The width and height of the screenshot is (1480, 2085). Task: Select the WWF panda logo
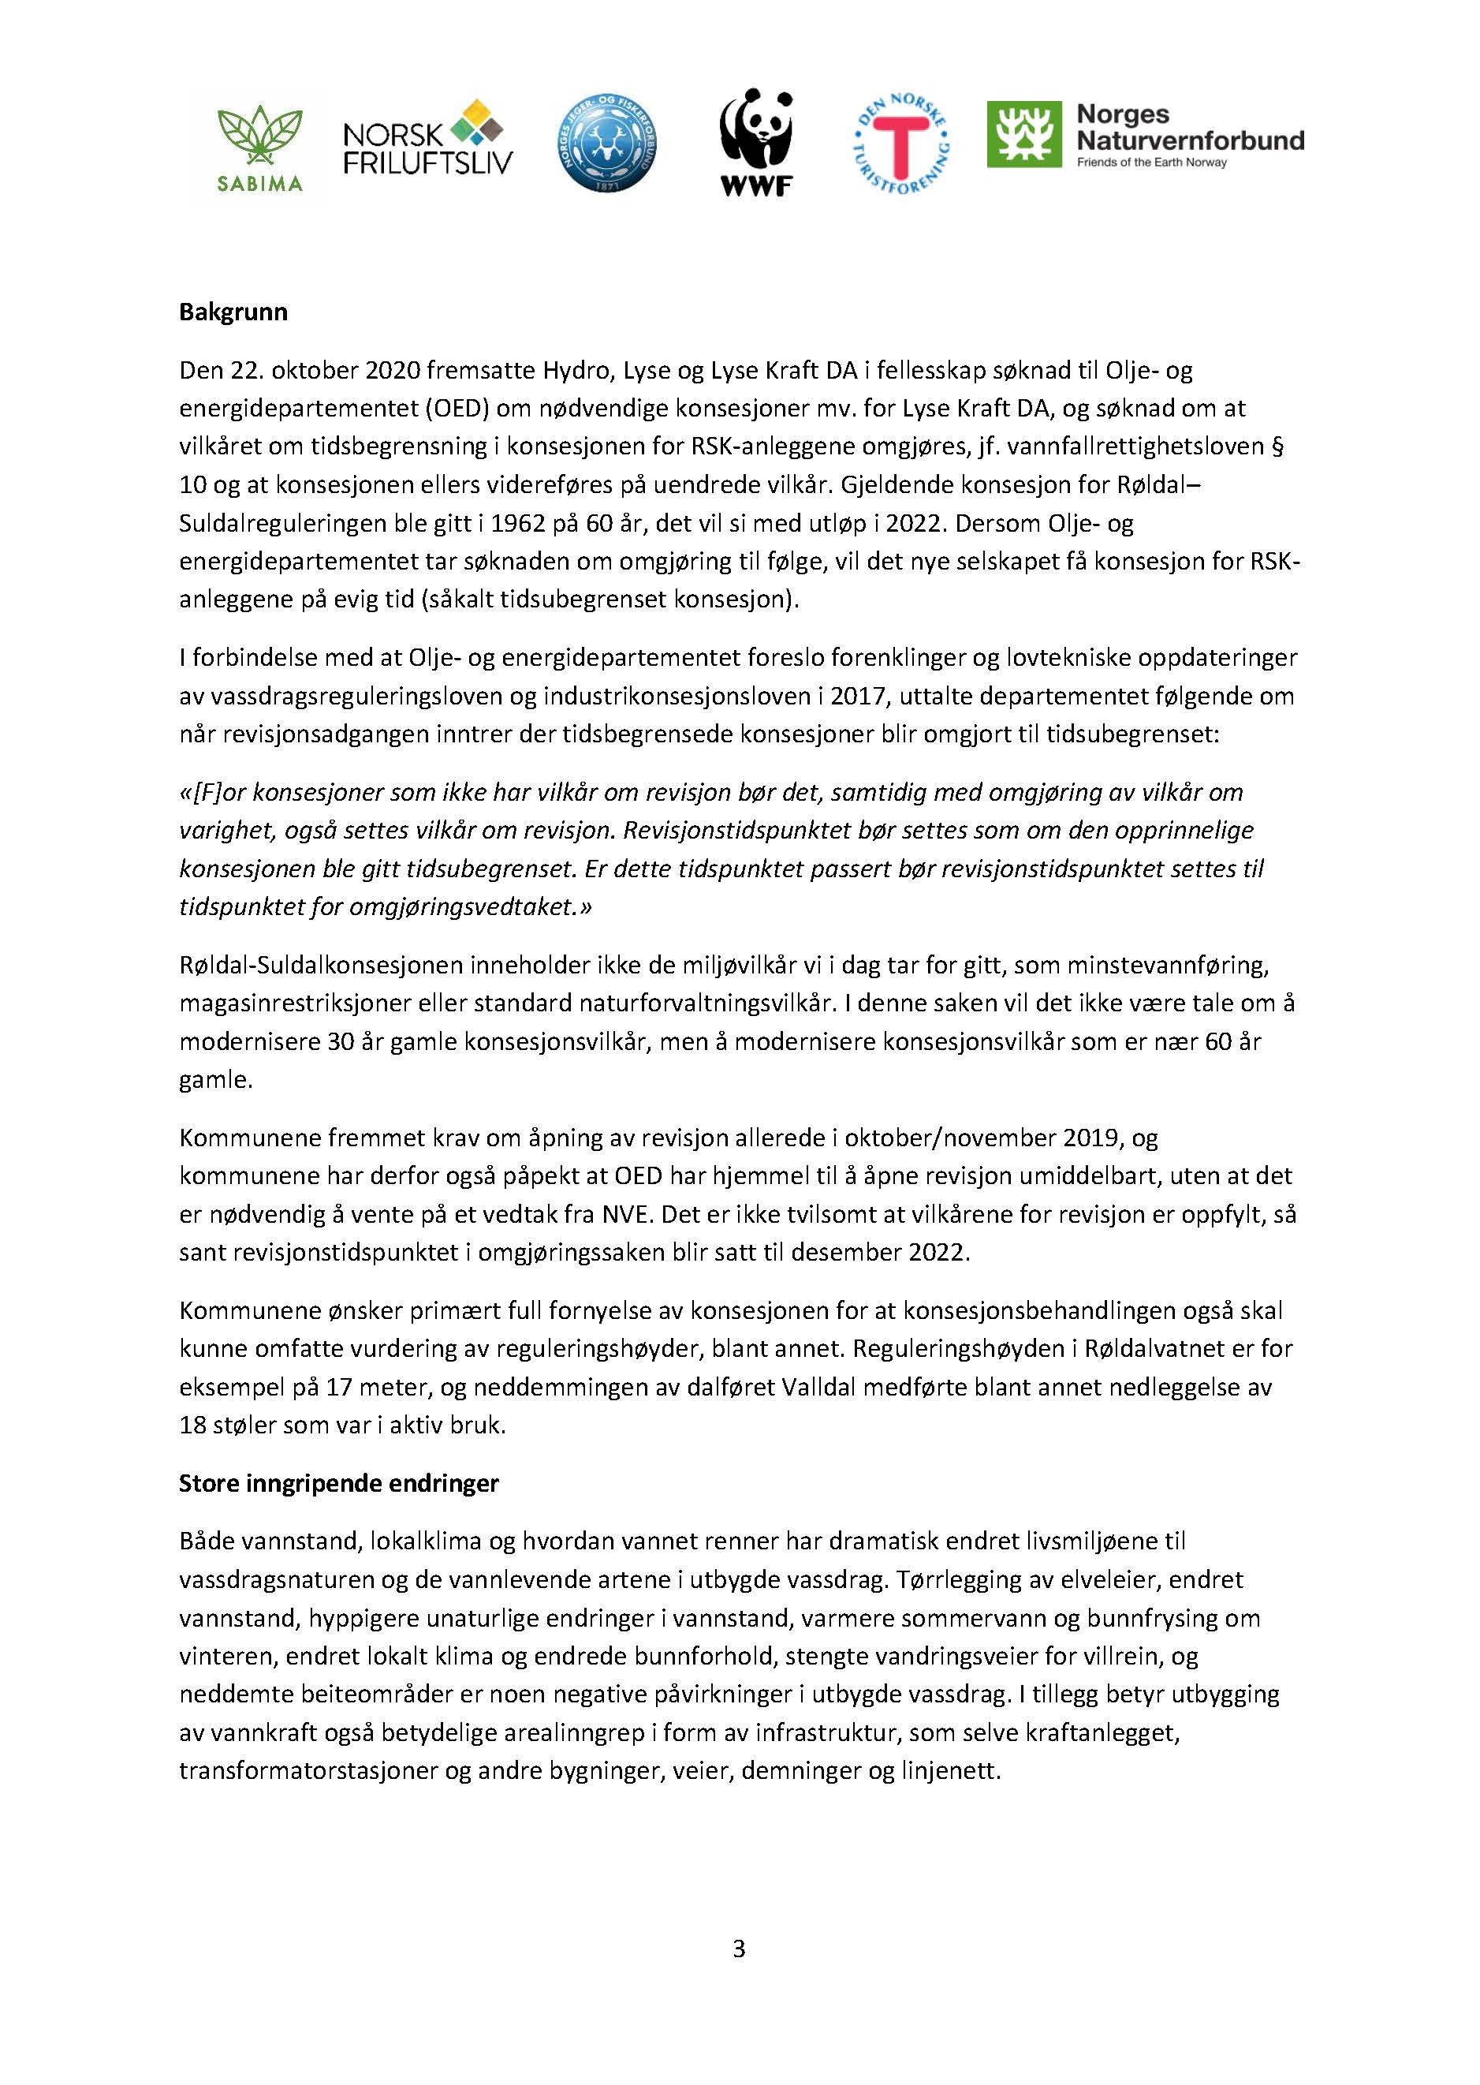[755, 142]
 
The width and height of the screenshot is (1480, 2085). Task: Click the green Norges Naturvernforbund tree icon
[1023, 135]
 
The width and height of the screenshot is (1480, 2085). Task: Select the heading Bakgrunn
[233, 312]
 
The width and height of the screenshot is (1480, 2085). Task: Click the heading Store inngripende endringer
[338, 1484]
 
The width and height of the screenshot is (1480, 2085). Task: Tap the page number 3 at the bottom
[739, 1949]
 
